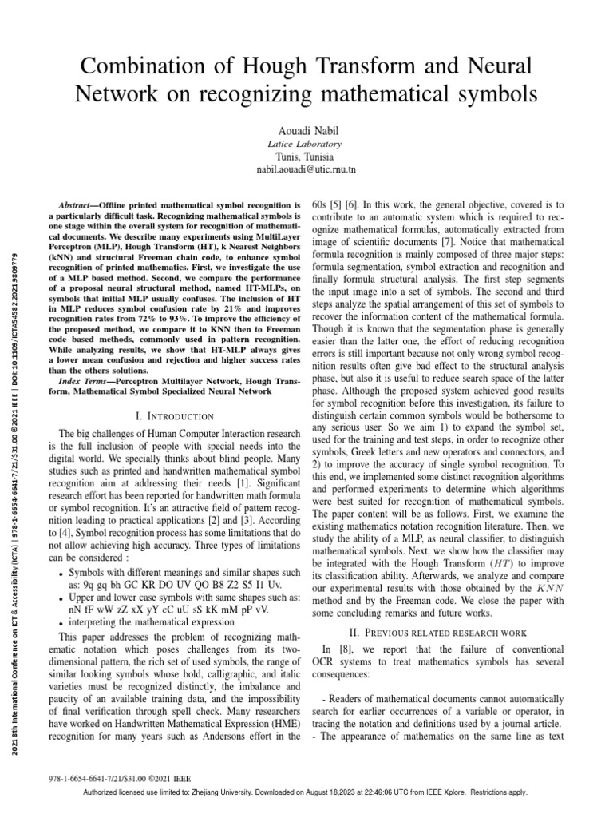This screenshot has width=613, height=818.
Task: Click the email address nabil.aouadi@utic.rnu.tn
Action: tap(306, 170)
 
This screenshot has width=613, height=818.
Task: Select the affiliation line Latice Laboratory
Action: tap(306, 144)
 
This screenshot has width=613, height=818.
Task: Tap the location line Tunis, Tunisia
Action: tap(306, 157)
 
